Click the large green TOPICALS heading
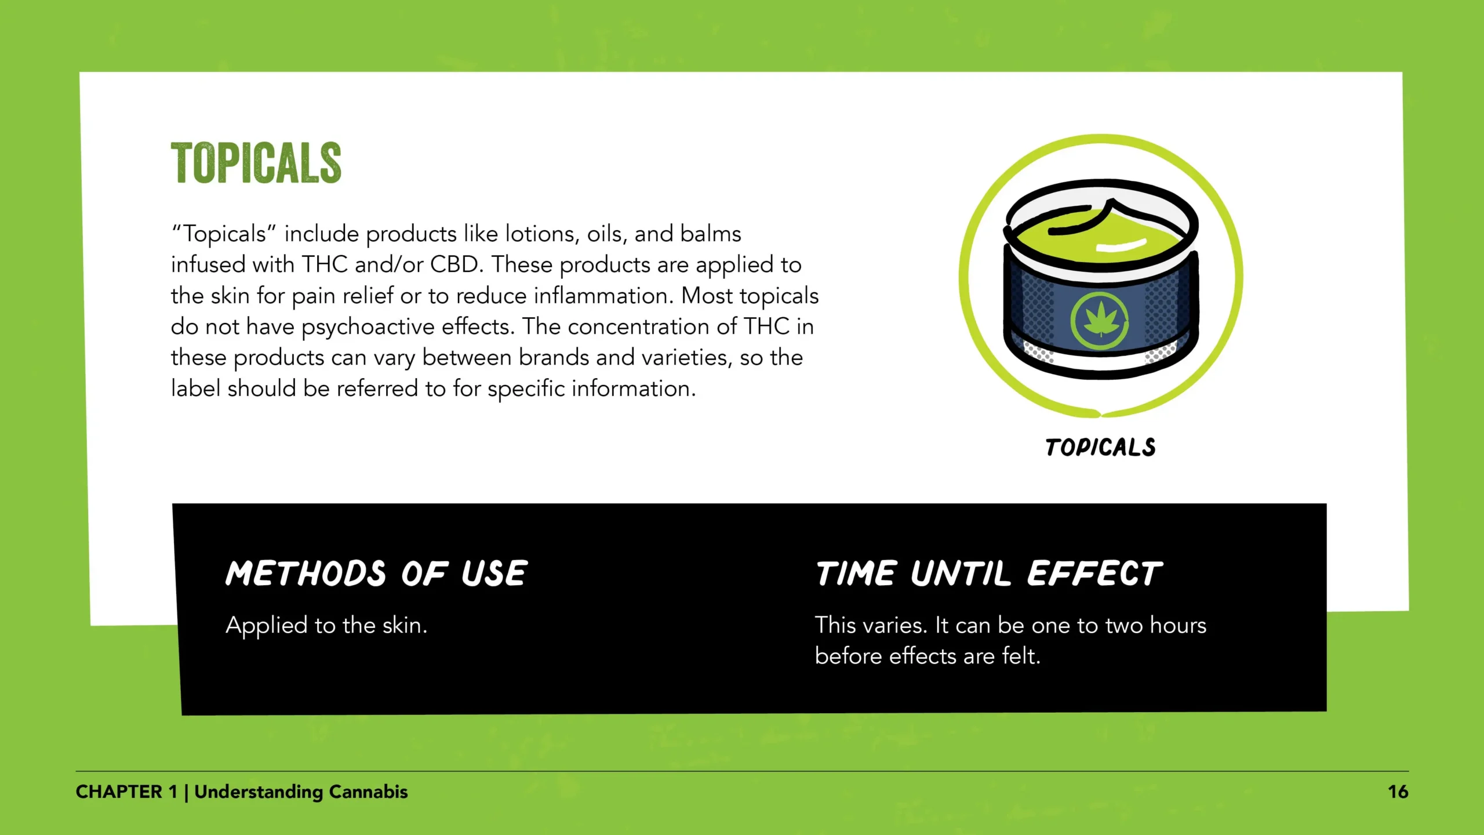pos(256,163)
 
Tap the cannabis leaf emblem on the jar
pos(1100,320)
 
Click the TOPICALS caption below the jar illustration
pos(1100,447)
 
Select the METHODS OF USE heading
pos(377,573)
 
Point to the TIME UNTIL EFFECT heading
pos(989,573)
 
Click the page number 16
pos(1398,792)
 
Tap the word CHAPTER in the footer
pos(119,792)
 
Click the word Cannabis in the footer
pos(369,792)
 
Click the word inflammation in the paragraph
pos(603,296)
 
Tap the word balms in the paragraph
pos(711,234)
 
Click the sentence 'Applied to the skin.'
pos(326,626)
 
